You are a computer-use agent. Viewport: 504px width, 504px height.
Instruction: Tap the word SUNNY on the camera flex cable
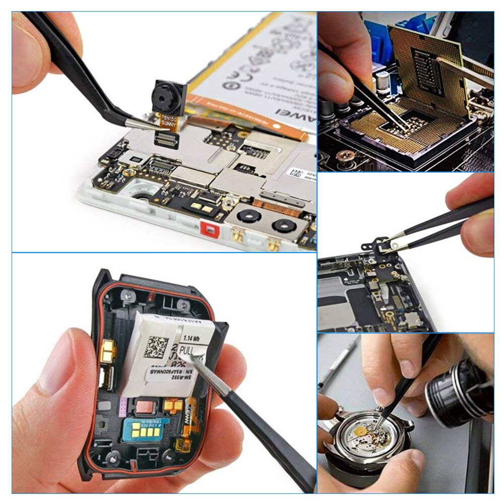168,122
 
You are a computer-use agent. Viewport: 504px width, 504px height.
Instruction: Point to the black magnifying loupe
456,391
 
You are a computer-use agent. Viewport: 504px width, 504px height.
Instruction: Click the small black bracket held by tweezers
376,246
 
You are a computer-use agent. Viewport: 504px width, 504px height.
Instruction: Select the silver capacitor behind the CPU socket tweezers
383,80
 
